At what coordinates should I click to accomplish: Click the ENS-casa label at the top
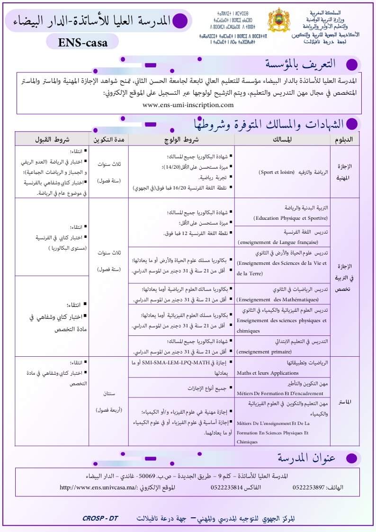(83, 42)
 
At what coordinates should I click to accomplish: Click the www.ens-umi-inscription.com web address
(188, 105)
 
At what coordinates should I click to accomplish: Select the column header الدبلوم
(345, 139)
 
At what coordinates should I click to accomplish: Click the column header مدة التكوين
(108, 139)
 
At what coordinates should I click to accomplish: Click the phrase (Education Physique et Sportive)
(290, 218)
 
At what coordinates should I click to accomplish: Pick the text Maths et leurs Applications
(269, 373)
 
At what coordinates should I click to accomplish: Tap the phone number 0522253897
(309, 487)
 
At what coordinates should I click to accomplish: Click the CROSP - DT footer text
(100, 518)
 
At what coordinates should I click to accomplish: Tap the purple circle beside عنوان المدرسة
(351, 458)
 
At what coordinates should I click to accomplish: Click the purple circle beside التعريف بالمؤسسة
(351, 64)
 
